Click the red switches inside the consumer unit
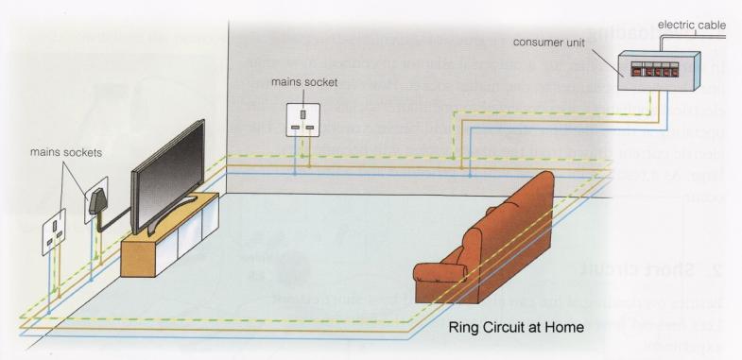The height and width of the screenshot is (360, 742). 650,70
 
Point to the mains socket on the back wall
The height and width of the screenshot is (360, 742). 302,117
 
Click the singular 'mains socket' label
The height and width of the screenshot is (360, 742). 303,82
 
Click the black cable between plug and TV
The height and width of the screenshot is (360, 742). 118,223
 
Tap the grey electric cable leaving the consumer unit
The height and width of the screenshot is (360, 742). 681,35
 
